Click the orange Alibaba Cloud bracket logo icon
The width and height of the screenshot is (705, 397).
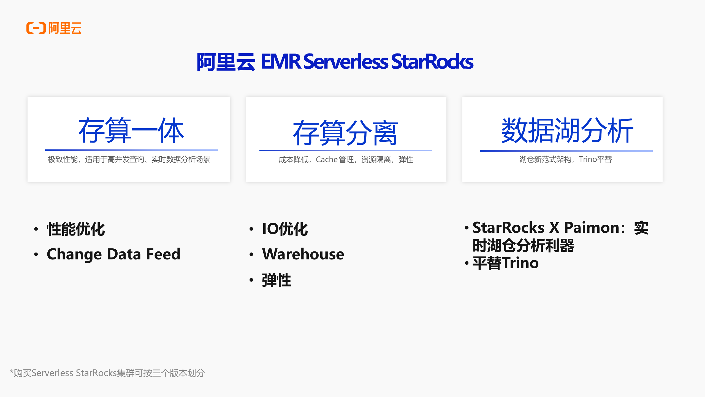tap(36, 28)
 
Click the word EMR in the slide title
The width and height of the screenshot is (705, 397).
tap(281, 61)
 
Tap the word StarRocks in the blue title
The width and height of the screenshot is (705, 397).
tap(432, 61)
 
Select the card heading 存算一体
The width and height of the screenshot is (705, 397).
tap(131, 130)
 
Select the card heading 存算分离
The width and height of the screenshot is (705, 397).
tap(345, 133)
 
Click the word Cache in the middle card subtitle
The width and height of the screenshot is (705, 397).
tap(327, 160)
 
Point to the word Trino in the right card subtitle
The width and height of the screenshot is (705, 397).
tap(588, 159)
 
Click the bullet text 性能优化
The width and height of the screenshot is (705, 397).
tap(76, 229)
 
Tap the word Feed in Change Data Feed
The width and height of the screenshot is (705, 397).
tap(163, 254)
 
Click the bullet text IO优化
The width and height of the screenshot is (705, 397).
tap(285, 229)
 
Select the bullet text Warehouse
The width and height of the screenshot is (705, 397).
tap(303, 254)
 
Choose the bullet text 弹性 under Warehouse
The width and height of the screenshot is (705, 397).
tap(276, 280)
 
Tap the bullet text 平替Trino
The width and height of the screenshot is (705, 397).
tap(506, 263)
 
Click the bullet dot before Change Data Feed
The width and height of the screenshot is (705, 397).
tap(36, 254)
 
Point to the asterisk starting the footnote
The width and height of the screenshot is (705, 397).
tap(12, 372)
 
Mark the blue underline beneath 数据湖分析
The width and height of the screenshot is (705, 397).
tap(566, 151)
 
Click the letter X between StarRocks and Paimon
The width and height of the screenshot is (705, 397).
tap(554, 228)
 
